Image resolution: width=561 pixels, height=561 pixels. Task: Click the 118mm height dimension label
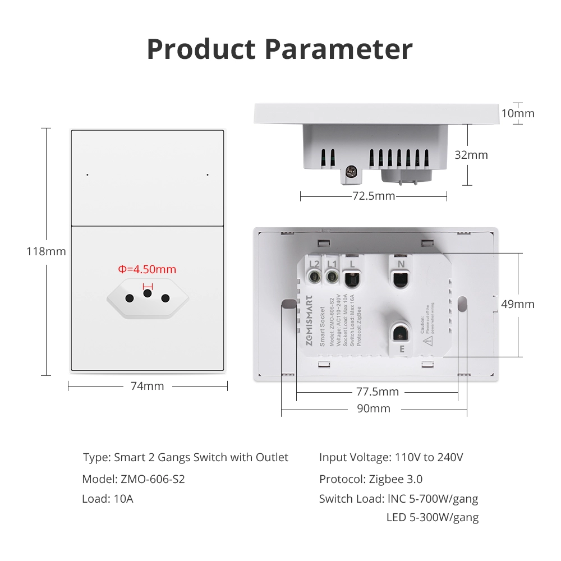pyautogui.click(x=46, y=251)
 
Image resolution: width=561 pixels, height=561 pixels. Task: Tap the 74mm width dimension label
pyautogui.click(x=147, y=386)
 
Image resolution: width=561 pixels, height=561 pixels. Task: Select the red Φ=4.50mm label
pyautogui.click(x=147, y=269)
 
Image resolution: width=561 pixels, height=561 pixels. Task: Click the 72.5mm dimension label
pyautogui.click(x=374, y=196)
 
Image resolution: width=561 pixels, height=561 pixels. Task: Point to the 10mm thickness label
pyautogui.click(x=517, y=113)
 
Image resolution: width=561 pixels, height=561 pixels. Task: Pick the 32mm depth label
pyautogui.click(x=471, y=155)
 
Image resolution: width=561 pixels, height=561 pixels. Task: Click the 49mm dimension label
pyautogui.click(x=518, y=304)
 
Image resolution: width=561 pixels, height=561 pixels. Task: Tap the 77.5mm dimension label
pyautogui.click(x=378, y=392)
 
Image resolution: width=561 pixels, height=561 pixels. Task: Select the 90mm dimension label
pyautogui.click(x=374, y=408)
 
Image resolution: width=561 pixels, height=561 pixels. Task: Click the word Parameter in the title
pyautogui.click(x=339, y=49)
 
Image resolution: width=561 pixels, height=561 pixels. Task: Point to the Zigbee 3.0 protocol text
pyautogui.click(x=396, y=479)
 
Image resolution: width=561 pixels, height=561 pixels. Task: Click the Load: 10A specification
pyautogui.click(x=108, y=499)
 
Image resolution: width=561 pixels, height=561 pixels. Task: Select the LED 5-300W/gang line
pyautogui.click(x=433, y=517)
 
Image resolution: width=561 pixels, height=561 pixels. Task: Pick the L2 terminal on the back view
pyautogui.click(x=314, y=264)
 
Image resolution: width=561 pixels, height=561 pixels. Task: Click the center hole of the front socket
pyautogui.click(x=148, y=293)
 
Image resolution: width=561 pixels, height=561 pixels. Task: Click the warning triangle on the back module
pyautogui.click(x=427, y=340)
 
